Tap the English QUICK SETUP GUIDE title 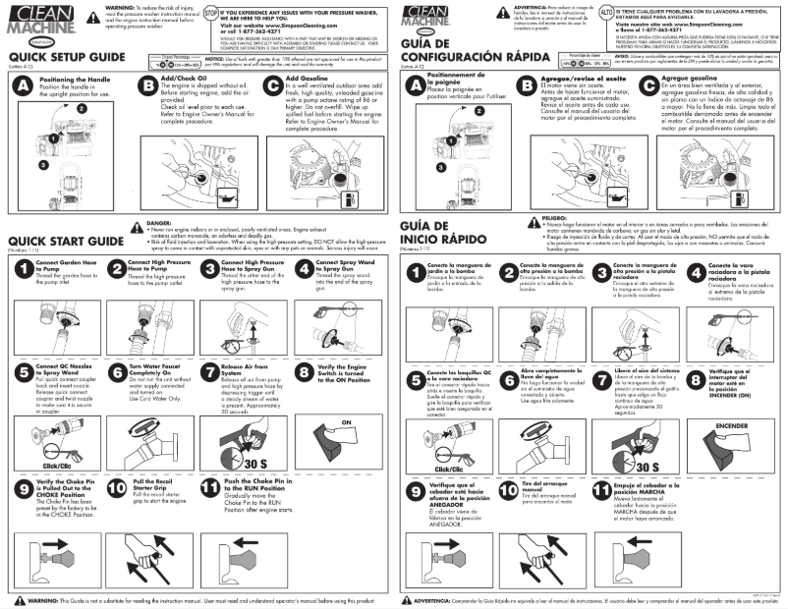click(x=66, y=58)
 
